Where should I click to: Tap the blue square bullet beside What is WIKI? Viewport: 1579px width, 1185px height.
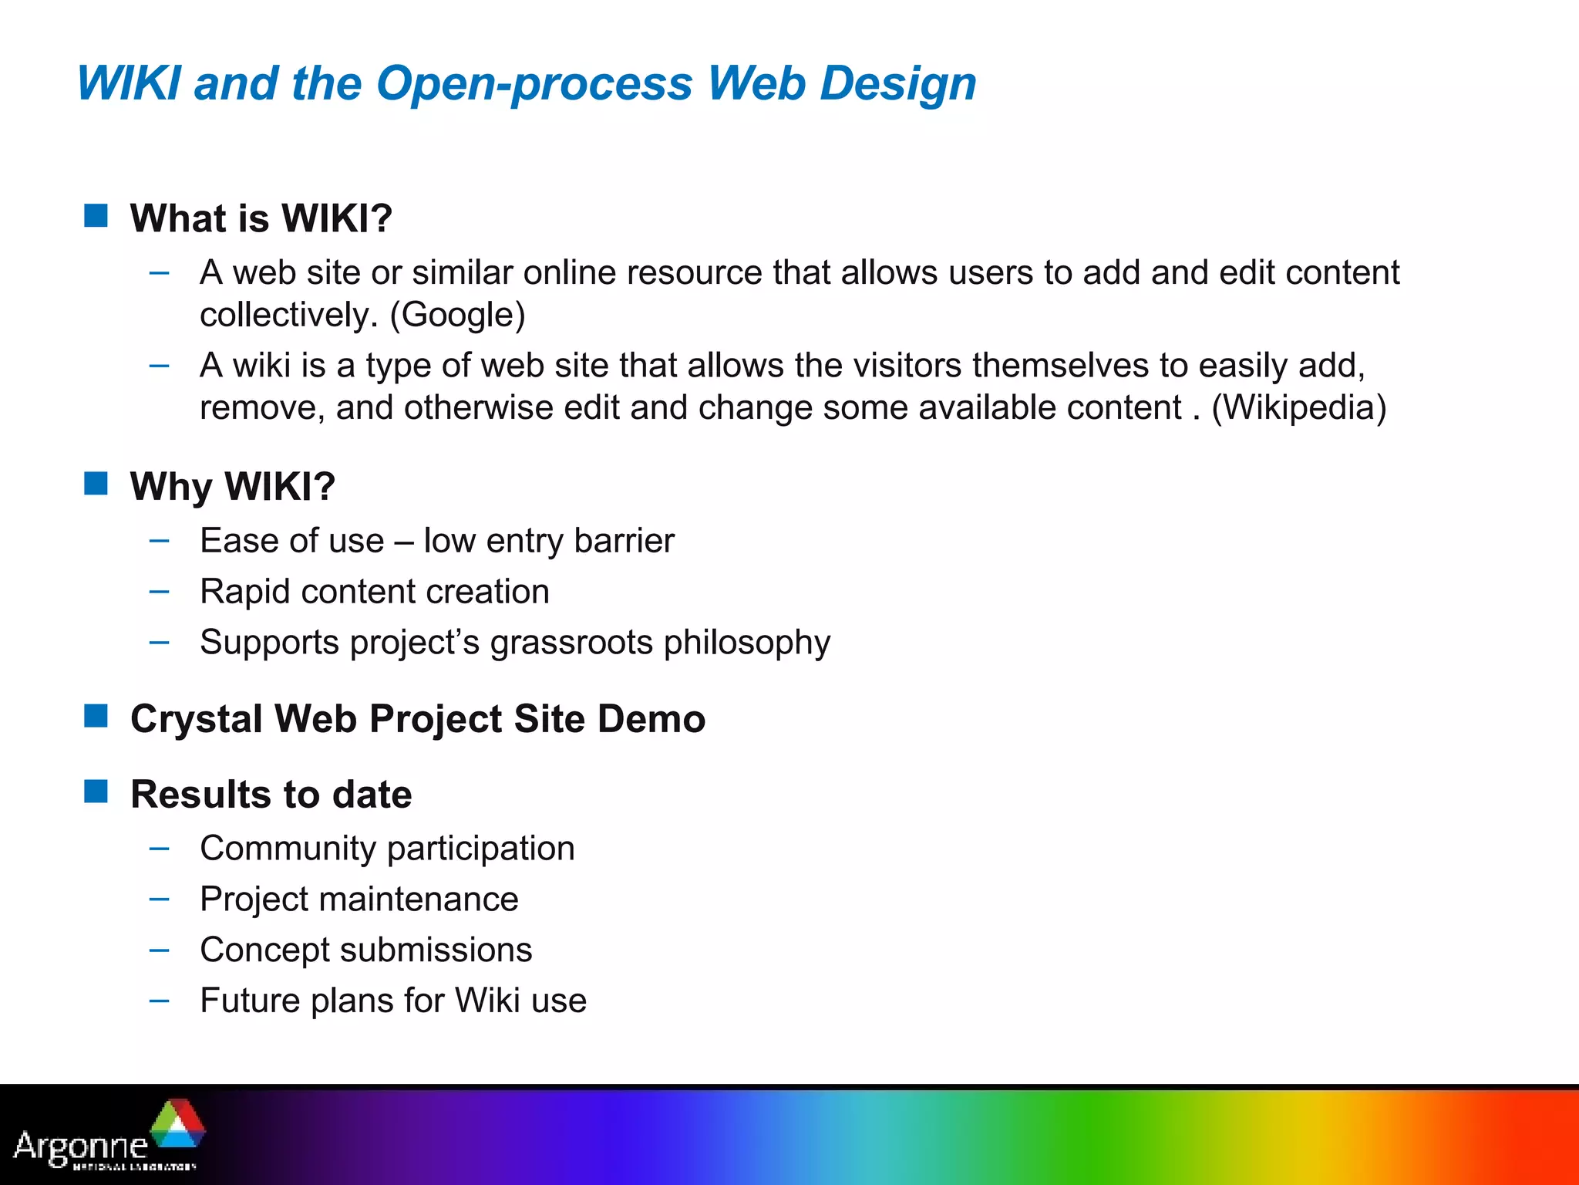(96, 216)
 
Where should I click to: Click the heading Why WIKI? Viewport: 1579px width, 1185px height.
(233, 487)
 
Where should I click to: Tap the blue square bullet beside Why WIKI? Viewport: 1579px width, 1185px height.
(96, 484)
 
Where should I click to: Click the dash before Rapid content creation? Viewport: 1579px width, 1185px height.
(160, 592)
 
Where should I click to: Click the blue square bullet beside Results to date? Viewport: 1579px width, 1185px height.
(96, 792)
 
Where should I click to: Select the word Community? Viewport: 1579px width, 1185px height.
(288, 849)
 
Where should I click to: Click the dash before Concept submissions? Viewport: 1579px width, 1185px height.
(160, 950)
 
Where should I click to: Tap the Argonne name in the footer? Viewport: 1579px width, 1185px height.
(80, 1146)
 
